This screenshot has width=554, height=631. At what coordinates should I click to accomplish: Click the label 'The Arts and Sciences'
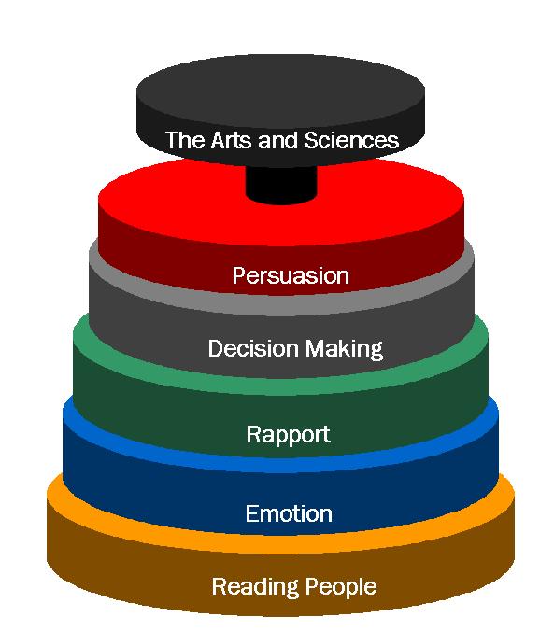[x=281, y=140]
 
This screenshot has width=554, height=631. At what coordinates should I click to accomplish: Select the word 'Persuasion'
[x=291, y=276]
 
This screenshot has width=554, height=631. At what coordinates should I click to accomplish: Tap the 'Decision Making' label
[x=295, y=349]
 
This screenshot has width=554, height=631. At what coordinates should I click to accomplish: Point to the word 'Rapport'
[x=288, y=435]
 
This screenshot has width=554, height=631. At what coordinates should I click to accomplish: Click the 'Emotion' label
[x=289, y=514]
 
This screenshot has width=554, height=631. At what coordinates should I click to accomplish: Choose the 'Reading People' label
[x=294, y=587]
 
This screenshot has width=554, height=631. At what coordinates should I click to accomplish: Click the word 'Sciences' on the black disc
[x=351, y=140]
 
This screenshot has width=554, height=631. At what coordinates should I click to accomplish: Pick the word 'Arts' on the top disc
[x=232, y=140]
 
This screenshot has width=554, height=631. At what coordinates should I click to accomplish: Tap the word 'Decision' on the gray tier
[x=252, y=348]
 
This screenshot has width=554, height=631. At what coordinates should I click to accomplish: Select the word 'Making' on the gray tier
[x=344, y=349]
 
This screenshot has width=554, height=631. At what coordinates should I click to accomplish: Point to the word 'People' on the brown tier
[x=341, y=587]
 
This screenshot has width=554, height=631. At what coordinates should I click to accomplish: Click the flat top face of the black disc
[x=280, y=85]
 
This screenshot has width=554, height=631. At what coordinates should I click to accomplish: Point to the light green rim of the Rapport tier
[x=281, y=386]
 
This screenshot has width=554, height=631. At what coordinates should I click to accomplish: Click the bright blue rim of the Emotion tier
[x=281, y=463]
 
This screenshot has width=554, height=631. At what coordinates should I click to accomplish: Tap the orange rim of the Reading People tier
[x=281, y=544]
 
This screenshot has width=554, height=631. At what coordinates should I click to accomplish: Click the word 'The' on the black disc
[x=185, y=140]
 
